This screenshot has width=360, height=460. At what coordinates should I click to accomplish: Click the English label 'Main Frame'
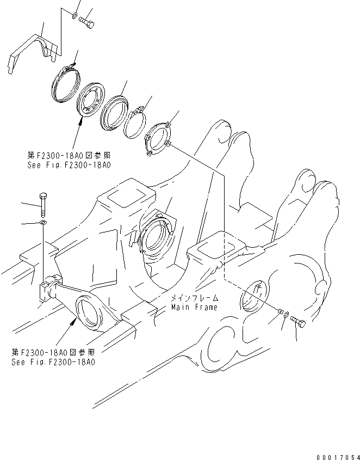click(x=194, y=307)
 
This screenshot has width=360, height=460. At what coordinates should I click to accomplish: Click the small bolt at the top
click(x=86, y=22)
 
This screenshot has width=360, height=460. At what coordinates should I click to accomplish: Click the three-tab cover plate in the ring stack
click(x=157, y=139)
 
